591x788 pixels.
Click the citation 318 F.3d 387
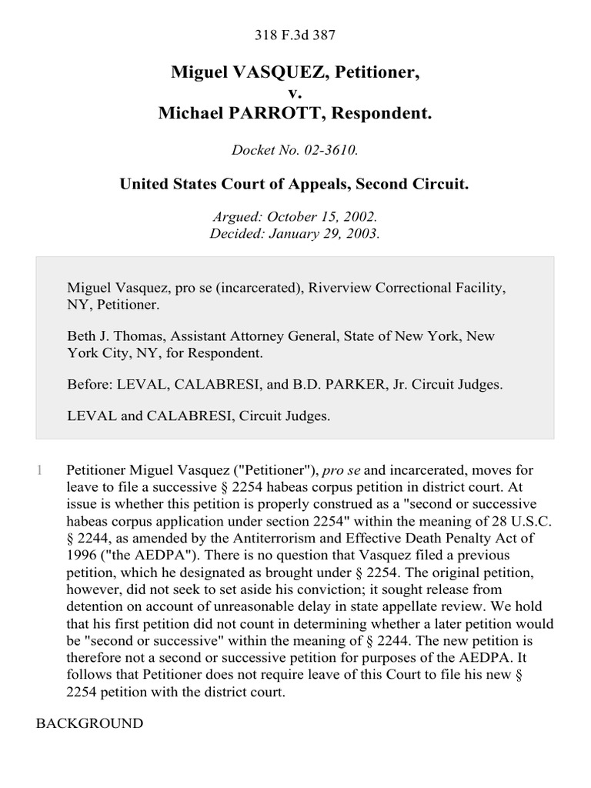pyautogui.click(x=295, y=34)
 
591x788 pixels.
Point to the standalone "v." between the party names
pyautogui.click(x=295, y=93)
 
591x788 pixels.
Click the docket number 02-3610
pyautogui.click(x=332, y=149)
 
